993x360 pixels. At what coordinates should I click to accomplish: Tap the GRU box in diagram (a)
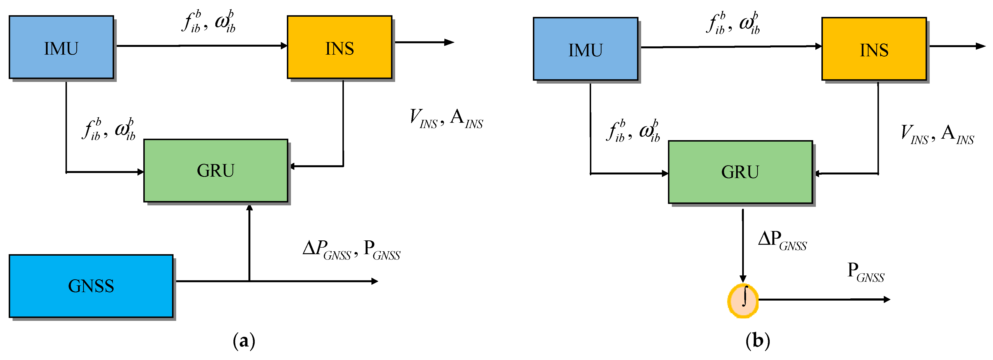point(216,170)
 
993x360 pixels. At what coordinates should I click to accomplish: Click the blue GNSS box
point(91,286)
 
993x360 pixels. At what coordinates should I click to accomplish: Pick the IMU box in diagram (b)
point(585,49)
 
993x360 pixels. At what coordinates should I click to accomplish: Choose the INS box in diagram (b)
point(874,49)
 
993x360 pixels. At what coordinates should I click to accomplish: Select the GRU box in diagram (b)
point(740,172)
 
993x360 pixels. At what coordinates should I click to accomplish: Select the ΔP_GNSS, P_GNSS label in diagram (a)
point(351,250)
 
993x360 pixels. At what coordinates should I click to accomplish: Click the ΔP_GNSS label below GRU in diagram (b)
point(782,240)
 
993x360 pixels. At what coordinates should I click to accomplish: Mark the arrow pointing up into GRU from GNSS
point(249,243)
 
